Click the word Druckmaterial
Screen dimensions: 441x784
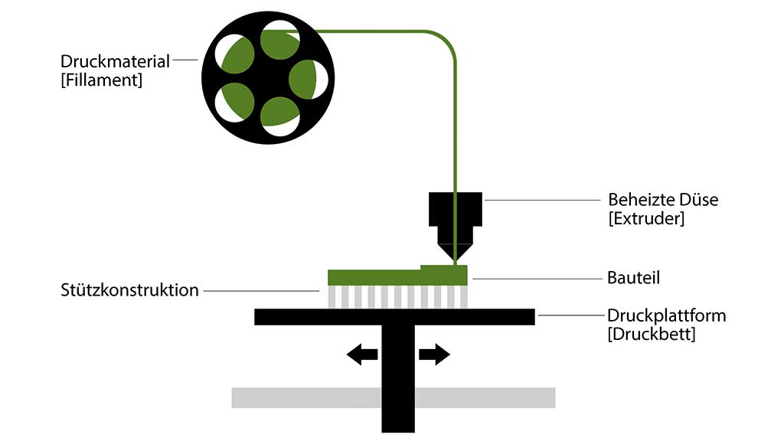(x=116, y=60)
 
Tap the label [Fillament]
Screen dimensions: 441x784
(x=102, y=80)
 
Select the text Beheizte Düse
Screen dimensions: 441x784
(x=663, y=200)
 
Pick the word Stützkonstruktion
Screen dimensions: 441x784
(x=130, y=290)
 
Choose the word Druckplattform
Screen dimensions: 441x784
(x=667, y=315)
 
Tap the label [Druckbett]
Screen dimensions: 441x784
(x=652, y=334)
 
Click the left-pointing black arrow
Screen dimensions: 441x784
(x=362, y=354)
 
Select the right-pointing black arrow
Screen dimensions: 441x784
(x=434, y=354)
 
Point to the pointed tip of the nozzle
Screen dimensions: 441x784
(x=455, y=259)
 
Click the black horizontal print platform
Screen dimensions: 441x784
(x=394, y=316)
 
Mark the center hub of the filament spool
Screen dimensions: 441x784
(x=268, y=77)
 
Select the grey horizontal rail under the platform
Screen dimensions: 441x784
(x=306, y=397)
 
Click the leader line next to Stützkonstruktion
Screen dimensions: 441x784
(x=260, y=291)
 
